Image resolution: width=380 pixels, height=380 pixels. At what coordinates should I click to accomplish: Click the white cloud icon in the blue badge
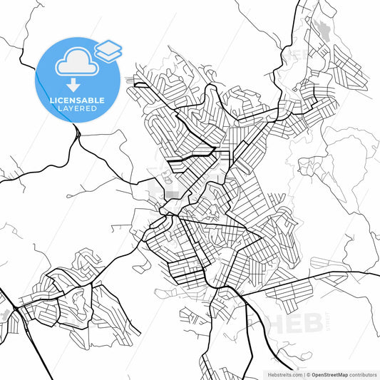pos(74,63)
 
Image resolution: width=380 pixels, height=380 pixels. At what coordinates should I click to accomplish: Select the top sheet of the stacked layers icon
pos(108,47)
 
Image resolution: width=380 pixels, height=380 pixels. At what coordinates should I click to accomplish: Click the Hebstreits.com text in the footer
pos(284,374)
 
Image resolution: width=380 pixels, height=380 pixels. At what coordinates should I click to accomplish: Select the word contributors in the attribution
pos(364,374)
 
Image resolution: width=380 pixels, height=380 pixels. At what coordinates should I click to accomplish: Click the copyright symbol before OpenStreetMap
pos(308,374)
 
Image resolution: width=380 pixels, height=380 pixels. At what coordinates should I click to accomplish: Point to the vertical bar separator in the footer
pos(302,374)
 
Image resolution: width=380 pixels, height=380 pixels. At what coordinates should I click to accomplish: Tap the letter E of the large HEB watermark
pos(295,322)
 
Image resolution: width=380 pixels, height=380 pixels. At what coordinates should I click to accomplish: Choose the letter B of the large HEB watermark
pos(314,322)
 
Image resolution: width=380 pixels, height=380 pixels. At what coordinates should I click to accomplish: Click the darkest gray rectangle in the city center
pos(173,194)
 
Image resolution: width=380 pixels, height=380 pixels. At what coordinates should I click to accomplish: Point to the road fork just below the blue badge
pos(76,133)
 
